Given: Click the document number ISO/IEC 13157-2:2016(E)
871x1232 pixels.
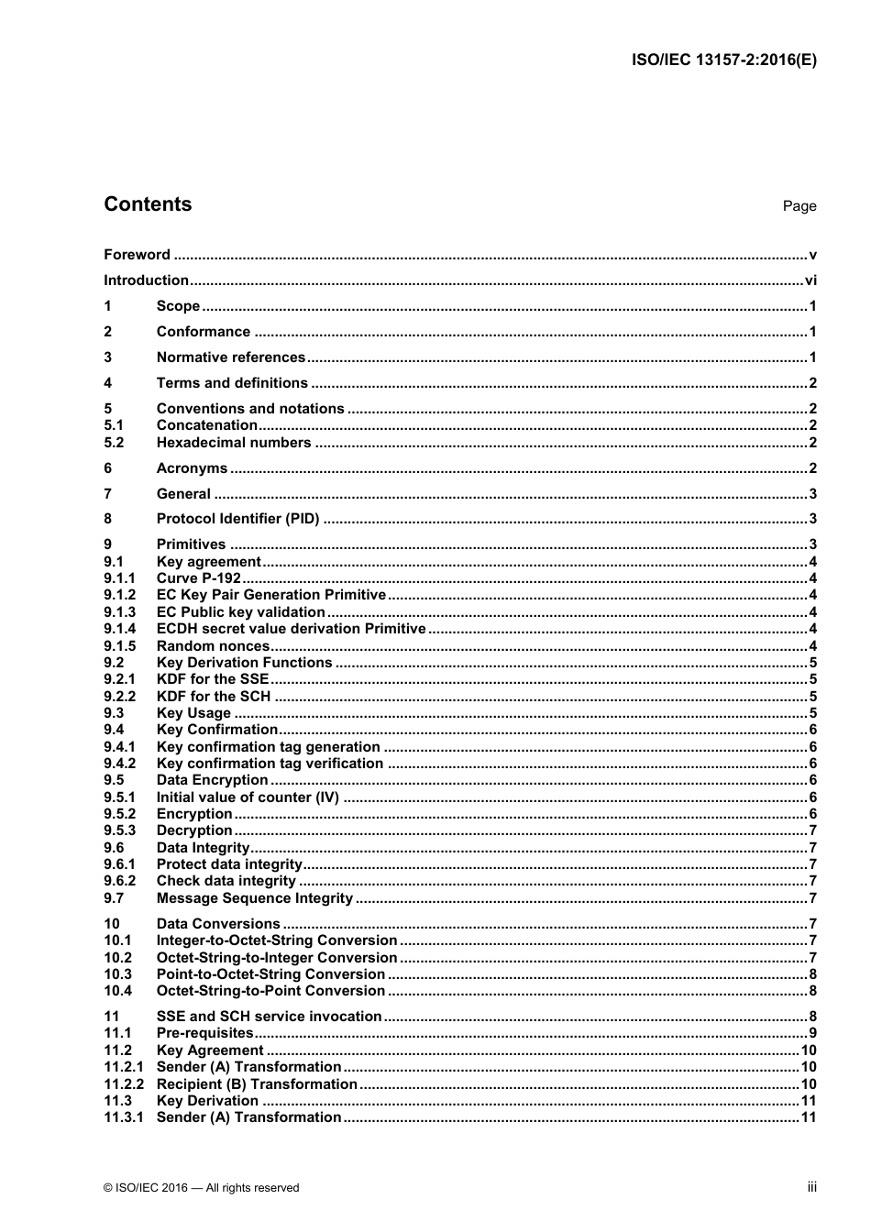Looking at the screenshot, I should click(723, 60).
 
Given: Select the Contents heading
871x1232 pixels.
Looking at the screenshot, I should click(148, 204).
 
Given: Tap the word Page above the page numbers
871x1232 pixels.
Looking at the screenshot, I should click(799, 206).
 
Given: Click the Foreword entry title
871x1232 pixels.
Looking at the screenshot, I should click(137, 255).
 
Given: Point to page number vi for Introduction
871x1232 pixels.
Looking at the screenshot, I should click(810, 280).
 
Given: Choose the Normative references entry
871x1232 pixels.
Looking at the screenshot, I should click(230, 357).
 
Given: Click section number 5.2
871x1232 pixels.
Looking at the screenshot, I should click(114, 443).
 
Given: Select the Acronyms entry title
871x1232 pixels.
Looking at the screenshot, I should click(192, 468).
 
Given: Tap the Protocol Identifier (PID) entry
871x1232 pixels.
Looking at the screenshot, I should click(237, 519).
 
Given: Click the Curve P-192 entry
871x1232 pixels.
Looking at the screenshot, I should click(198, 578).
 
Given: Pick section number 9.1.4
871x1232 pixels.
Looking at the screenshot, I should click(119, 629).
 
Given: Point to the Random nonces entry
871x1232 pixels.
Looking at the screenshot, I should click(213, 646).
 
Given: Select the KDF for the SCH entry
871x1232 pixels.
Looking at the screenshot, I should click(214, 697).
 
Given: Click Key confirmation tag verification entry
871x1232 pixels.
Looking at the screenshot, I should click(270, 764).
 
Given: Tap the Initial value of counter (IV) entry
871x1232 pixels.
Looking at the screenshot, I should click(248, 797).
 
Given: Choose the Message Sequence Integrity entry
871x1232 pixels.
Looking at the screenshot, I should click(254, 898).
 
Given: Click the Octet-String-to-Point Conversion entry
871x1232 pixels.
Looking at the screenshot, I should click(270, 991).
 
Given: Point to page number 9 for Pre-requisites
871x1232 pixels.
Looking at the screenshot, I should click(812, 1033).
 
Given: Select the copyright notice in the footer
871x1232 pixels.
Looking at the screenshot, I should click(202, 1188).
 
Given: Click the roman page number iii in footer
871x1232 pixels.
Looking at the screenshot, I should click(811, 1187).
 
